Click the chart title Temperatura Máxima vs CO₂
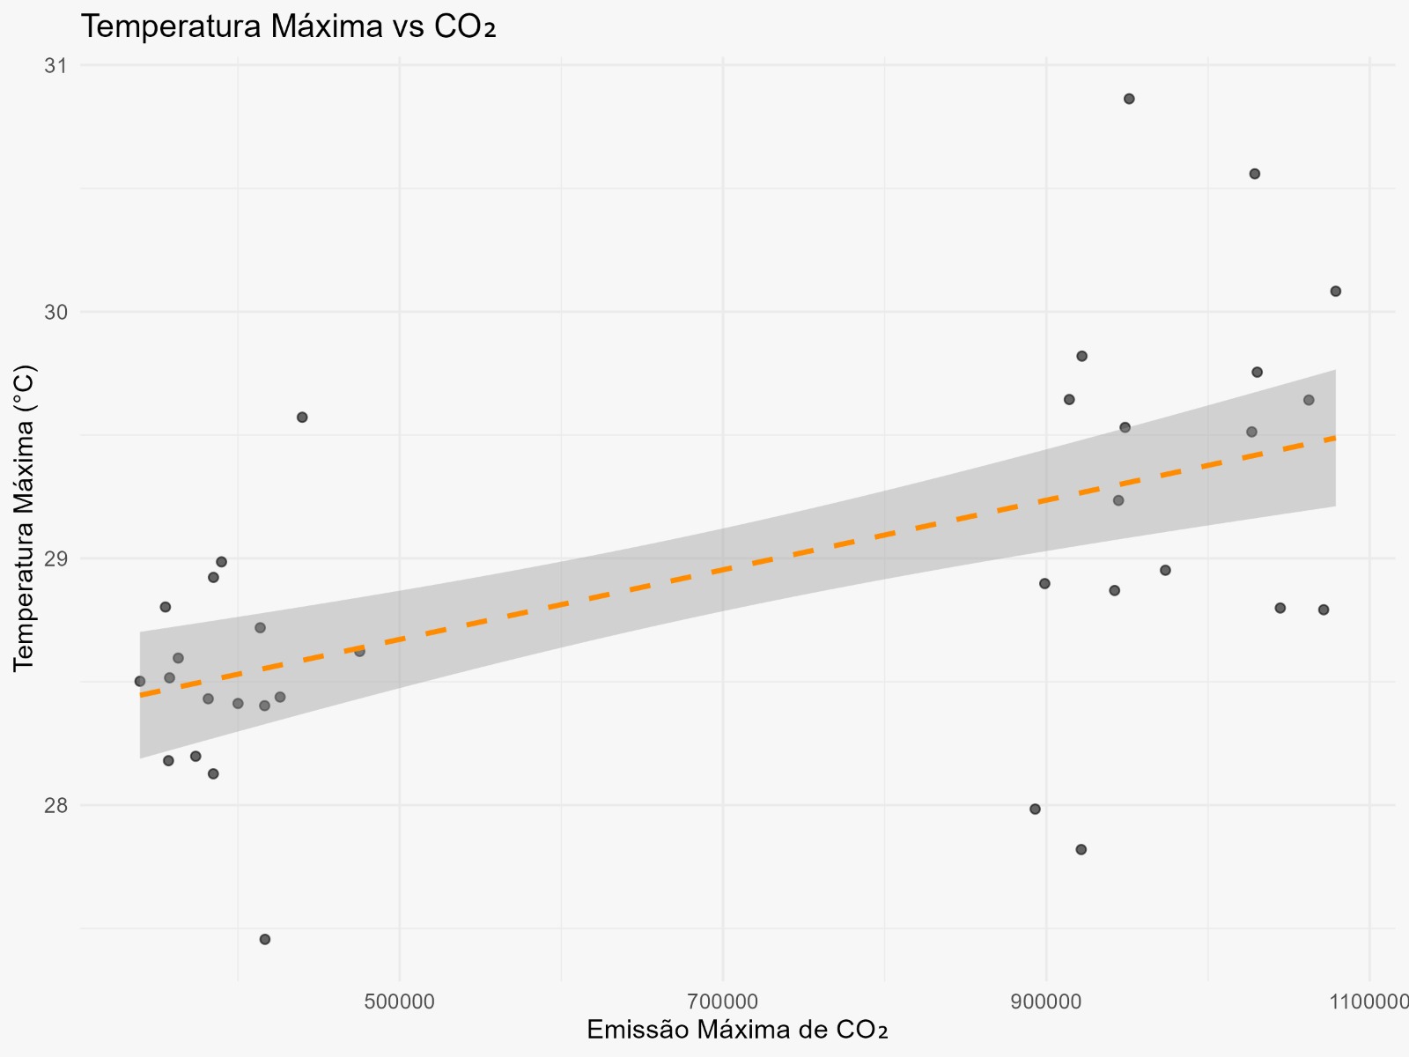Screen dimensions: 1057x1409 coord(289,27)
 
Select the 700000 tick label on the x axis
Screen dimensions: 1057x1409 coord(722,1002)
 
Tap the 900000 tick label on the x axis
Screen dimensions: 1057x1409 coord(1046,1002)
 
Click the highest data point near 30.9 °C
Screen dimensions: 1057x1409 coord(1129,99)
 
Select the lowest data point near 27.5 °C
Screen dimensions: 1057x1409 coord(264,939)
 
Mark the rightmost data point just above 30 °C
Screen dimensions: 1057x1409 coord(1335,291)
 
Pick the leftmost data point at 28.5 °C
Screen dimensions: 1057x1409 coord(139,681)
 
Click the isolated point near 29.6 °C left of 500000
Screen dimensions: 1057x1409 coord(302,417)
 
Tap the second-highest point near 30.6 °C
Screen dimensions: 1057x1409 coord(1255,174)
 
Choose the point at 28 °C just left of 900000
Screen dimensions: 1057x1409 coord(1035,809)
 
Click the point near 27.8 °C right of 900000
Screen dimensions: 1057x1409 coord(1081,849)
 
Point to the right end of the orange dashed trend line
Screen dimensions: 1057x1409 coord(1335,438)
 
